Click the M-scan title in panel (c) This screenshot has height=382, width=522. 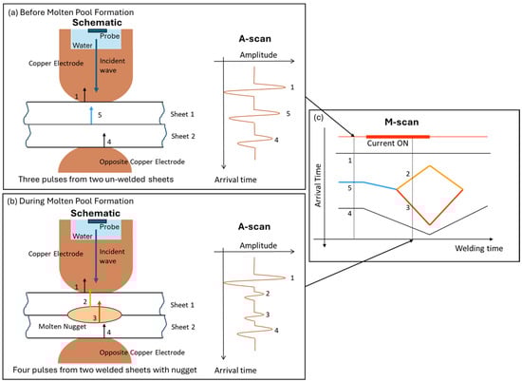click(401, 122)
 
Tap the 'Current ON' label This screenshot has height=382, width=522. click(387, 143)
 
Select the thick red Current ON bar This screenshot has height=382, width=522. click(398, 137)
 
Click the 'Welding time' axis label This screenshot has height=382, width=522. click(478, 248)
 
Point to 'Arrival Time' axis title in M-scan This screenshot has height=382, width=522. click(318, 185)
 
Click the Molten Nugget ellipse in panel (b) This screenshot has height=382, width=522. click(95, 314)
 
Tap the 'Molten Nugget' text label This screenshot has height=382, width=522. click(63, 327)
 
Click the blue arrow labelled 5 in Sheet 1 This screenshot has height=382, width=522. click(91, 115)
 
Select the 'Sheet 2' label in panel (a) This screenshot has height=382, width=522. click(183, 136)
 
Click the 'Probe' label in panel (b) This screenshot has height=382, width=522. click(109, 227)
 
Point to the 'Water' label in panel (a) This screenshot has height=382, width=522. click(83, 46)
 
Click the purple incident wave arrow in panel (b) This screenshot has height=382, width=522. click(96, 256)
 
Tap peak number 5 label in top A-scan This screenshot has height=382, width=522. click(288, 114)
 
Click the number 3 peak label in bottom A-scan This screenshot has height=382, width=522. click(268, 315)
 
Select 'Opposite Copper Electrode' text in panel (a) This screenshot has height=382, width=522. click(142, 162)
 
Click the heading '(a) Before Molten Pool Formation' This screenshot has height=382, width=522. click(70, 12)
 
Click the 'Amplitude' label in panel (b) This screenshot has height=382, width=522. click(258, 246)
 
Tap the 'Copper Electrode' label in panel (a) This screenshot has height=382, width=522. click(56, 64)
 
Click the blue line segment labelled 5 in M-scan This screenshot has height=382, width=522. click(367, 185)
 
